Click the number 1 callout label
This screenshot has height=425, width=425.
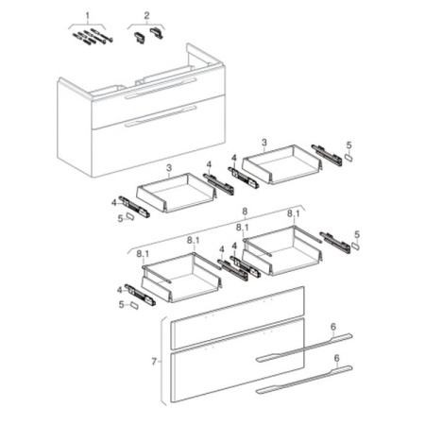pyautogui.click(x=88, y=15)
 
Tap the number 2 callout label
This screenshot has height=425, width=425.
pyautogui.click(x=146, y=15)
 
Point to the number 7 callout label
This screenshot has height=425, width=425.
pyautogui.click(x=154, y=362)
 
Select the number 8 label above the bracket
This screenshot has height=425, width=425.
pyautogui.click(x=246, y=212)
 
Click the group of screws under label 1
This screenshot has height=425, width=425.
pyautogui.click(x=93, y=37)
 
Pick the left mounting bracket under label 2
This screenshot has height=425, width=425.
pyautogui.click(x=140, y=37)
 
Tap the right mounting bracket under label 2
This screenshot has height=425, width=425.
pyautogui.click(x=157, y=33)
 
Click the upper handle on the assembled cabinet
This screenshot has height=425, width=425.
pyautogui.click(x=161, y=89)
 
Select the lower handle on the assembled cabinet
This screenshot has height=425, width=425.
pyautogui.click(x=161, y=116)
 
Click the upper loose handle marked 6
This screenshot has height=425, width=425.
pyautogui.click(x=304, y=348)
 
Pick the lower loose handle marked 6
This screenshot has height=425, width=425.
pyautogui.click(x=304, y=380)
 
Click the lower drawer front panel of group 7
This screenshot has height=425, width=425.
pyautogui.click(x=237, y=360)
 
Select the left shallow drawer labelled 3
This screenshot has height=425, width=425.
pyautogui.click(x=177, y=193)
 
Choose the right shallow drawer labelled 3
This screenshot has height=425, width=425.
pyautogui.click(x=282, y=164)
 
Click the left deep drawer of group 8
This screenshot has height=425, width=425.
pyautogui.click(x=181, y=277)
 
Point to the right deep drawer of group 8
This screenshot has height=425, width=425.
pyautogui.click(x=282, y=250)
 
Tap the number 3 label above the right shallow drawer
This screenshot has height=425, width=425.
pyautogui.click(x=263, y=143)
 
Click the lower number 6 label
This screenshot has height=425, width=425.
pyautogui.click(x=336, y=358)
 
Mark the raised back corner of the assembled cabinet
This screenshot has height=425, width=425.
pyautogui.click(x=188, y=44)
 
